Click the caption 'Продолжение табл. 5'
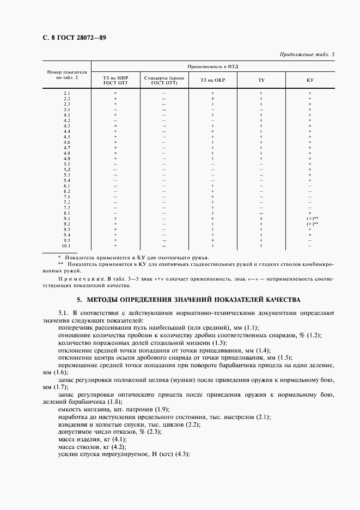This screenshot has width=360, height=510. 307,54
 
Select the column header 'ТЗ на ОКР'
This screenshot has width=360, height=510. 212,81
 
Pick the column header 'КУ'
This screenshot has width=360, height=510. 309,81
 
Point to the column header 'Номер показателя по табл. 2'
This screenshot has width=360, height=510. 67,75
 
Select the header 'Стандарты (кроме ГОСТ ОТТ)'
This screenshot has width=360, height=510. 164,81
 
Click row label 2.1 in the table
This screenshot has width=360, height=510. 67,93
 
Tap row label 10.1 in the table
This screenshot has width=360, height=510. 67,246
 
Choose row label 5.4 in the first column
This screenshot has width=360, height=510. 67,180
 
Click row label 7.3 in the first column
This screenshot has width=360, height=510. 67,208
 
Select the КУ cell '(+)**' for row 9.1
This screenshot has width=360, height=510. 312,218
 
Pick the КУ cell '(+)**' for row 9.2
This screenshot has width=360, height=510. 312,224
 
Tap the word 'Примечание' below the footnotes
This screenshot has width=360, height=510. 77,278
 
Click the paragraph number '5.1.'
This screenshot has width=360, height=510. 64,313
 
